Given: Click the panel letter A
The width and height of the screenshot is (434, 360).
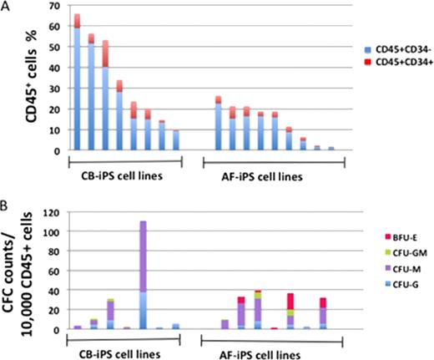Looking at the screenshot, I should [6, 7].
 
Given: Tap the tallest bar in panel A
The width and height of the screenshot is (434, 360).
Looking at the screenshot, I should [77, 84].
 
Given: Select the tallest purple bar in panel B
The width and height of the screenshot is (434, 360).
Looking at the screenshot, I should [143, 276].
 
